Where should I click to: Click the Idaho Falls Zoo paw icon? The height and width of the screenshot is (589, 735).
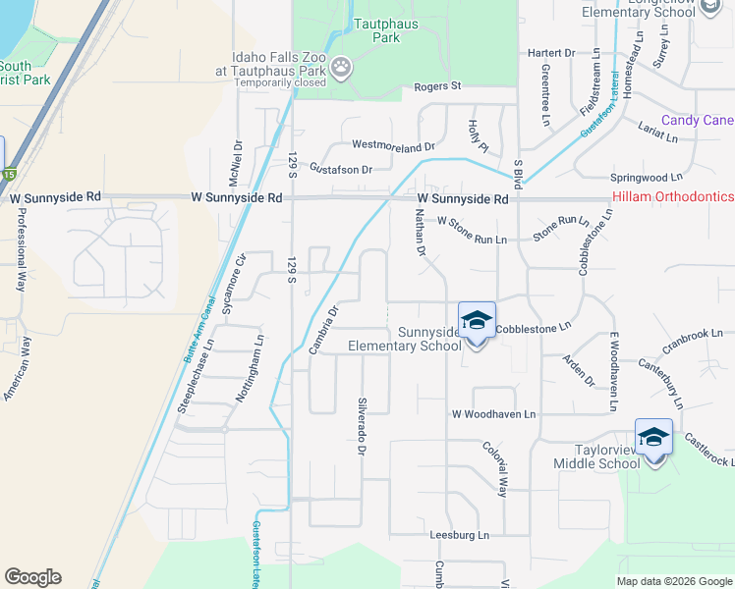click(341, 68)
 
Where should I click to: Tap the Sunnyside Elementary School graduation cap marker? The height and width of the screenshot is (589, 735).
click(477, 320)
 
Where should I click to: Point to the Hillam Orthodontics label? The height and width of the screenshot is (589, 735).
click(672, 197)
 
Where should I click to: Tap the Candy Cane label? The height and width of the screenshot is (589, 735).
click(697, 121)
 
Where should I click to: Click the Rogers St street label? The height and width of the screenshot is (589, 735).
click(437, 86)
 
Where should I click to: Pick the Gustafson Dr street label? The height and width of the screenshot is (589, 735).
click(341, 169)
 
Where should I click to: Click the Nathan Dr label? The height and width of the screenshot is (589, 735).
click(420, 233)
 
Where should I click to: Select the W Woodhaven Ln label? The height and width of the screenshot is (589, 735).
click(493, 415)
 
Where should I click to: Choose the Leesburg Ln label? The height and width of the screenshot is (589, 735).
click(459, 535)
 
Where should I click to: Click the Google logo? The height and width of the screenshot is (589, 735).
click(32, 577)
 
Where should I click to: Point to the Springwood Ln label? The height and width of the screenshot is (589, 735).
click(646, 178)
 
